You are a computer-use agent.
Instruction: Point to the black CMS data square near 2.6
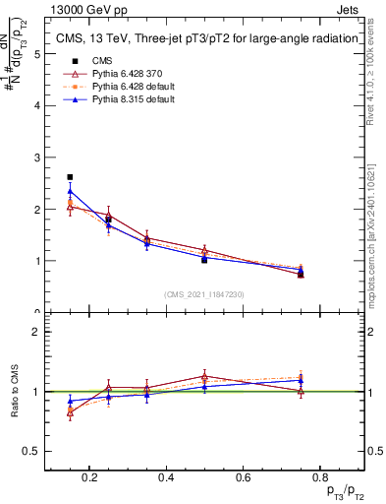70,177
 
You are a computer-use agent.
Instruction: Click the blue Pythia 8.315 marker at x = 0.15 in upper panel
70,191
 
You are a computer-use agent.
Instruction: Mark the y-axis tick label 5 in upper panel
37,53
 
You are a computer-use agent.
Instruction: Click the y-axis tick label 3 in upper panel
37,157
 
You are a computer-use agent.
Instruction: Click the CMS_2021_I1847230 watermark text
204,294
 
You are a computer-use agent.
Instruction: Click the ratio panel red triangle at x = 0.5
203,376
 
